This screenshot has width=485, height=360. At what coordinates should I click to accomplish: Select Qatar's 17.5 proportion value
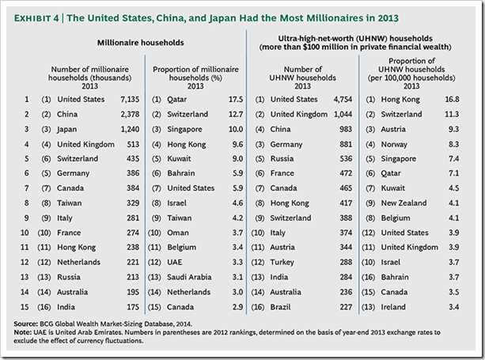point(236,100)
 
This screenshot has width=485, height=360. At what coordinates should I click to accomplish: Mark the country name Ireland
point(397,307)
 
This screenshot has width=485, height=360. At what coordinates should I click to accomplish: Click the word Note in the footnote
point(25,332)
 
